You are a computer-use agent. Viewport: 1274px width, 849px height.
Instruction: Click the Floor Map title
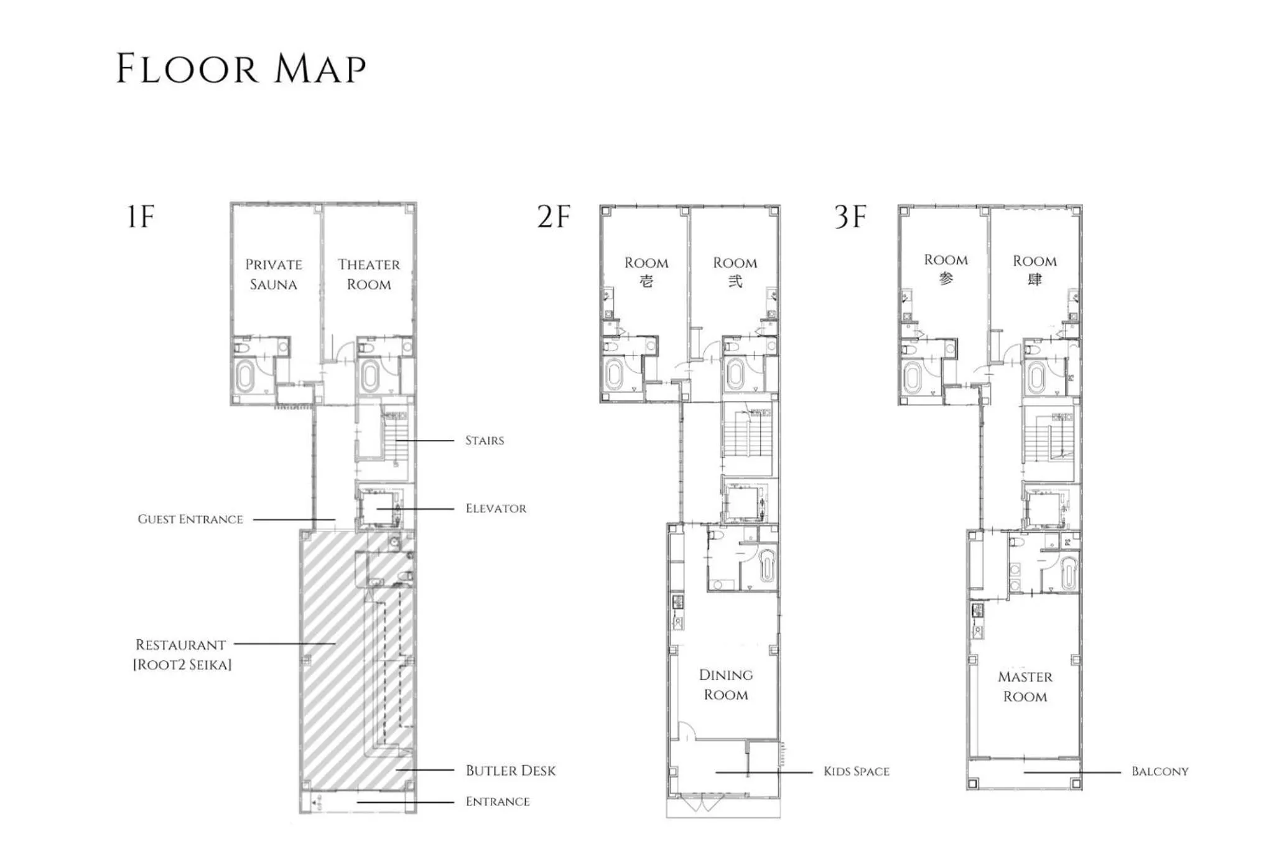241,68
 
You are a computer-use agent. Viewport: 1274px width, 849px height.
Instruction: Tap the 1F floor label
140,217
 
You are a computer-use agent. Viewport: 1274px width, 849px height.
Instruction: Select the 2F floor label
553,217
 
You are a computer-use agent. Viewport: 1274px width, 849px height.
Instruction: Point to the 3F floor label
850,217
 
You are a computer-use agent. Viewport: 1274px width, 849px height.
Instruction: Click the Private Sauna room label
274,274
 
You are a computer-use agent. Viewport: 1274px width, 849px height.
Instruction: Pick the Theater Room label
369,274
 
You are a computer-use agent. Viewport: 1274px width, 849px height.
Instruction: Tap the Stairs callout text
485,441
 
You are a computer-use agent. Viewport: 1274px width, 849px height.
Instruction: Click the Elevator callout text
496,509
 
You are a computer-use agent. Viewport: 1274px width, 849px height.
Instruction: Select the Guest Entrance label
190,519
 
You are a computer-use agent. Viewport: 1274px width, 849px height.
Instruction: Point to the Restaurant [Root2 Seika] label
182,654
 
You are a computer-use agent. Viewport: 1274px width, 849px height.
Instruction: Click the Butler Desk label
510,771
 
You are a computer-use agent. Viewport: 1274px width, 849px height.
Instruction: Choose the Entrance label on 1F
498,802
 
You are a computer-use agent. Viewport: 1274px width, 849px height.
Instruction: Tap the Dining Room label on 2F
726,685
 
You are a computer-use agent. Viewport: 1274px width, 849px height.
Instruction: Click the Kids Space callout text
856,772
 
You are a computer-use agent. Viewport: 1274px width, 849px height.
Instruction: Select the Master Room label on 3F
1025,687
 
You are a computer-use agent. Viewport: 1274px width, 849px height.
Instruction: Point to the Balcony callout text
1160,772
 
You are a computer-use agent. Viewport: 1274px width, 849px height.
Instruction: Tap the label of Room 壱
646,272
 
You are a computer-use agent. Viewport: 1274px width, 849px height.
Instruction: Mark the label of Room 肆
1035,270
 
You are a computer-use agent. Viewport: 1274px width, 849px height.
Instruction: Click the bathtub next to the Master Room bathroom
1069,573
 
